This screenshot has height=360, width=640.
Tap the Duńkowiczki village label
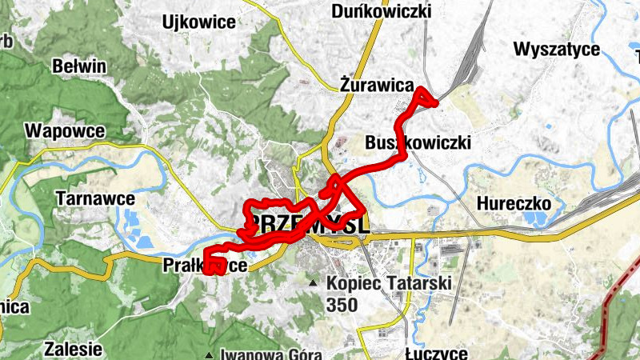(381, 11)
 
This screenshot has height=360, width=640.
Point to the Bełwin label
(78, 66)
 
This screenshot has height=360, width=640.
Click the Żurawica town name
(376, 84)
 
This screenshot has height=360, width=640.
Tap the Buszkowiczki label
(418, 142)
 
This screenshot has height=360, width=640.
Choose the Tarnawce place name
(95, 197)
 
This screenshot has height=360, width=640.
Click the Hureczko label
(514, 204)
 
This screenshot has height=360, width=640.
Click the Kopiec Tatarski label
(390, 283)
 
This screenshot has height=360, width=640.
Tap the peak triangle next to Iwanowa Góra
(209, 354)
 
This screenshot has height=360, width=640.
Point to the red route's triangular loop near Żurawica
(422, 98)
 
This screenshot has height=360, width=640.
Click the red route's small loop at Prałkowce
(214, 264)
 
